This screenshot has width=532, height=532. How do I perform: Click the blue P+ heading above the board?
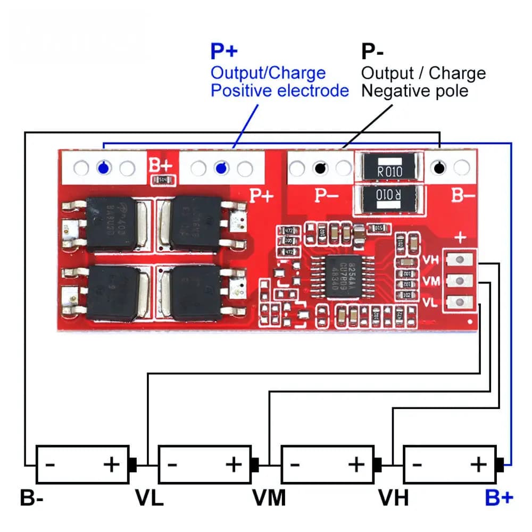225,52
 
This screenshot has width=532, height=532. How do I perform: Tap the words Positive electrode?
280,90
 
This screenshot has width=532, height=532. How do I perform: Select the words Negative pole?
415,90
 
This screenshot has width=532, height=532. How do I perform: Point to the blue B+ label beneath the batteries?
499,498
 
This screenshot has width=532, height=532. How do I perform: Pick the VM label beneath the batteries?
269,498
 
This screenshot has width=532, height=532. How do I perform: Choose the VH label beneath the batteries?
394,498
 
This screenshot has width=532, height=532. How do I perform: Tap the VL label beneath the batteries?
149,498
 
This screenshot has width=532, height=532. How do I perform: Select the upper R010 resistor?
390,170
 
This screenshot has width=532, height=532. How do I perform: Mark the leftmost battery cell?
82,464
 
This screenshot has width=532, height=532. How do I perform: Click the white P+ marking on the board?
262,196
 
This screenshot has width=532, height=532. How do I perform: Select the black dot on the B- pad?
439,169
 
